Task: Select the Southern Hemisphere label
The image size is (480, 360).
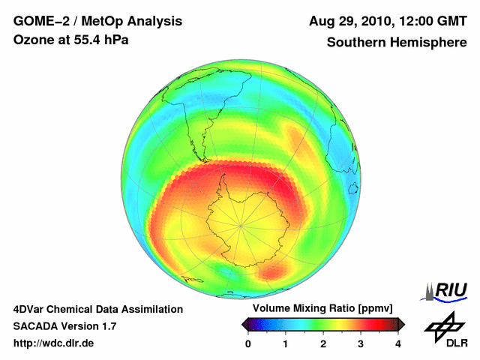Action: [396, 43]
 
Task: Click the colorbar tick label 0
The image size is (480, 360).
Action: [248, 343]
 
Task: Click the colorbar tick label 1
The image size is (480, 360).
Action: [286, 343]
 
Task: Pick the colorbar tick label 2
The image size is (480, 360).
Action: [323, 343]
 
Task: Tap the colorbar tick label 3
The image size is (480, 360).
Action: [361, 343]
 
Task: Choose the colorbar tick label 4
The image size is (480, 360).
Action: [398, 343]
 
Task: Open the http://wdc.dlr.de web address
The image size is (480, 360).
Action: [54, 343]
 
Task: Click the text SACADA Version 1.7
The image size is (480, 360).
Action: [64, 326]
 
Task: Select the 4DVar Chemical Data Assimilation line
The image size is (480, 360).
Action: [97, 309]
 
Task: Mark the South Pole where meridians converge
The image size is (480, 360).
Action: [241, 223]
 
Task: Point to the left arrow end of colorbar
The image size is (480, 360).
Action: [244, 324]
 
